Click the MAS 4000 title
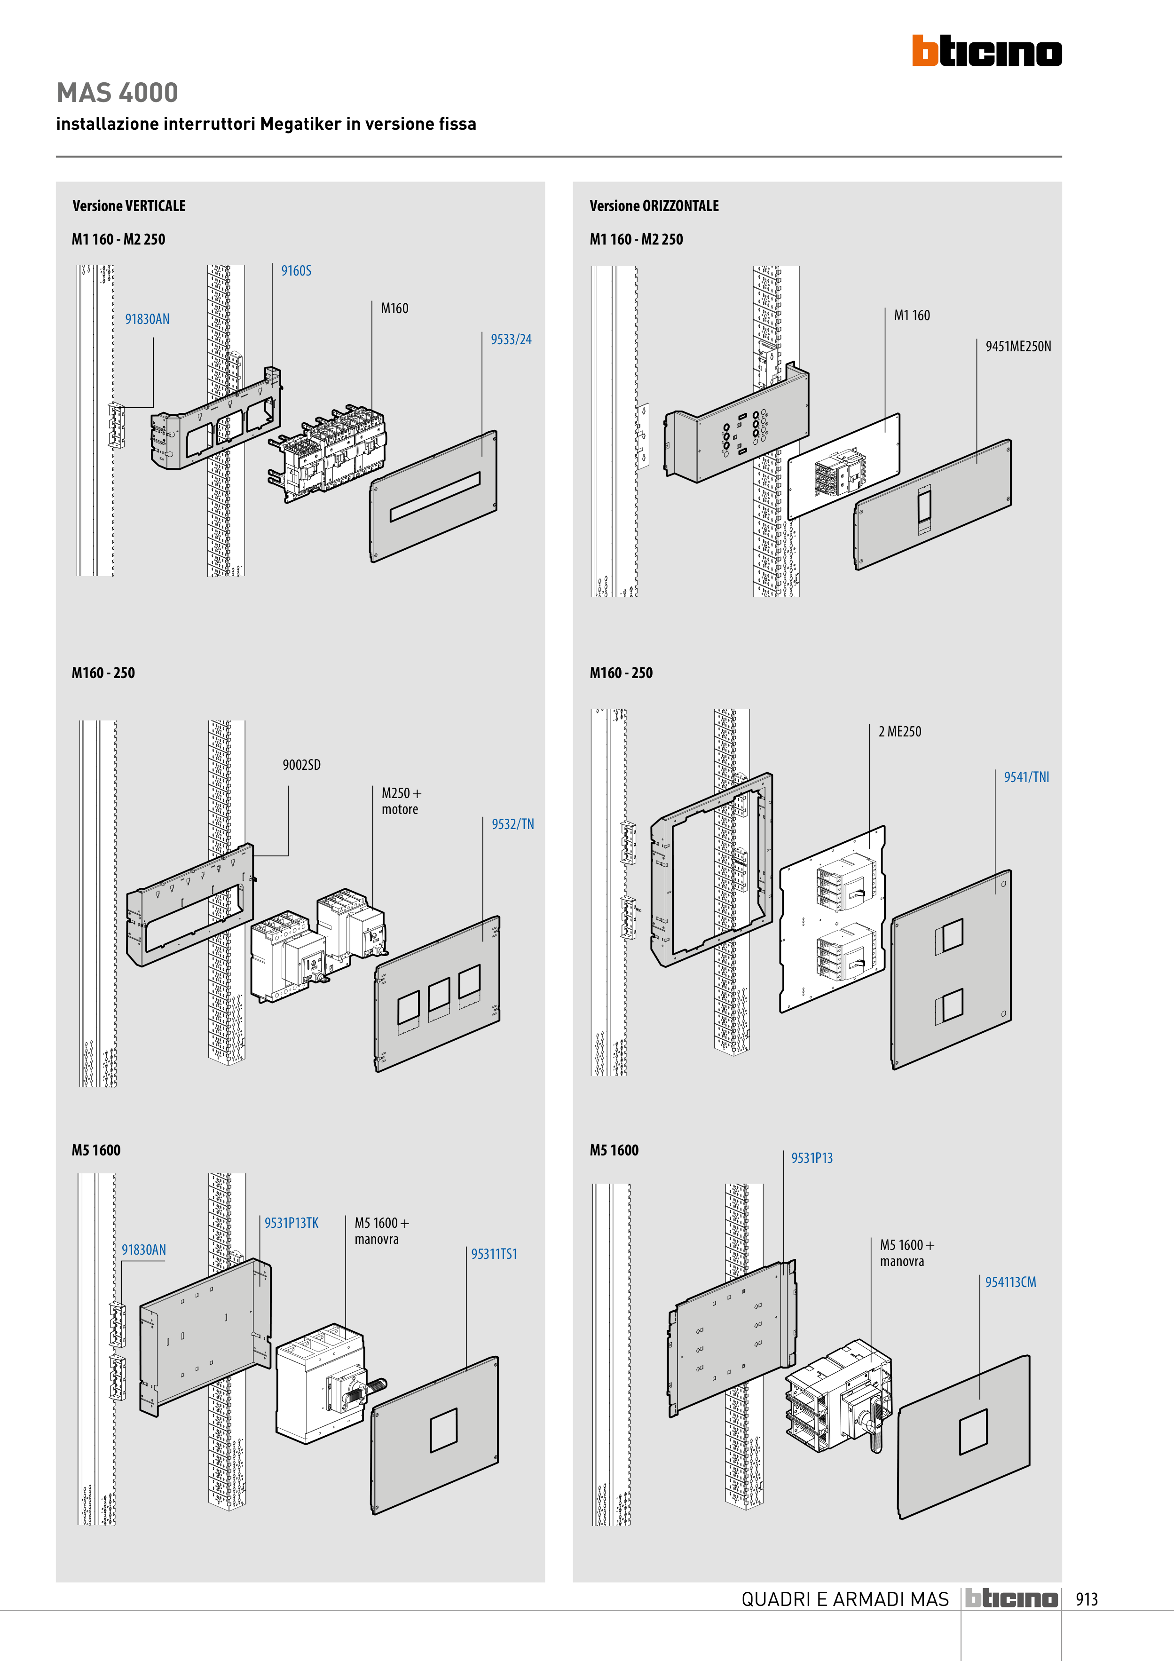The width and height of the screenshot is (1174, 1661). point(117,93)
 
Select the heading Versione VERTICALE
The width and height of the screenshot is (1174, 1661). point(129,206)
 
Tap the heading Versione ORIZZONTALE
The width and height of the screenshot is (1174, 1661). point(654,206)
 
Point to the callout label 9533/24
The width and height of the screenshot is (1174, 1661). point(511,339)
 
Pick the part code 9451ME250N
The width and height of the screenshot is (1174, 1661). point(1018,347)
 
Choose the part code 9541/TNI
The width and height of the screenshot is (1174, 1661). point(1026,777)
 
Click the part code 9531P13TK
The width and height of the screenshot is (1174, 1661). point(291,1223)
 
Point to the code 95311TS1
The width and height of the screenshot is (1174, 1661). point(494,1254)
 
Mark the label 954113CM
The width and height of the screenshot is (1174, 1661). point(1010,1282)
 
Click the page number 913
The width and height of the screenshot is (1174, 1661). point(1087,1599)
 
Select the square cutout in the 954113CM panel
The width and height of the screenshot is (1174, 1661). point(973,1432)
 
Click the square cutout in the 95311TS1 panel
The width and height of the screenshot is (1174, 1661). point(443,1430)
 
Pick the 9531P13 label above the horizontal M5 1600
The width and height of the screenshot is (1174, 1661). point(812,1158)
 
